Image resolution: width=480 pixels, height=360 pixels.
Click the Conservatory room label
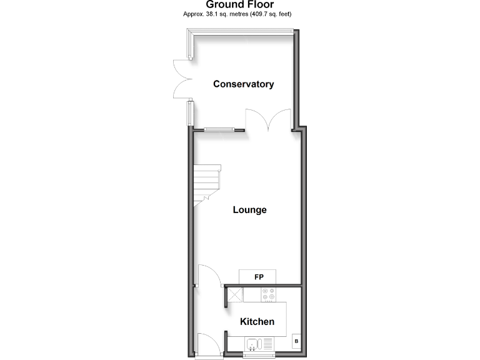point(243,84)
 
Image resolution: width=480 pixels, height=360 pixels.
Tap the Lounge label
point(249,209)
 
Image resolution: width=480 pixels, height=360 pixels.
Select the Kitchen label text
point(257,321)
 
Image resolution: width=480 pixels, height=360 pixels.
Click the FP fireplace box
point(257,276)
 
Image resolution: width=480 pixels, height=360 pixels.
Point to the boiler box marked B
point(296,341)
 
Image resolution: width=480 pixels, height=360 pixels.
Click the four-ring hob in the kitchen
point(269,294)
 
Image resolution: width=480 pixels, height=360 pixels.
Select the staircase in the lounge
point(207,186)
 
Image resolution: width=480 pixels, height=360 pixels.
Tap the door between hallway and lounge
point(207,276)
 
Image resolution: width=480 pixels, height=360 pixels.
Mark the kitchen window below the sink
point(258,355)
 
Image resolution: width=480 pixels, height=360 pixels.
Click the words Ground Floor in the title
point(240,4)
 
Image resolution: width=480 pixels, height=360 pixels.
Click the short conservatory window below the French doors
point(189,113)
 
